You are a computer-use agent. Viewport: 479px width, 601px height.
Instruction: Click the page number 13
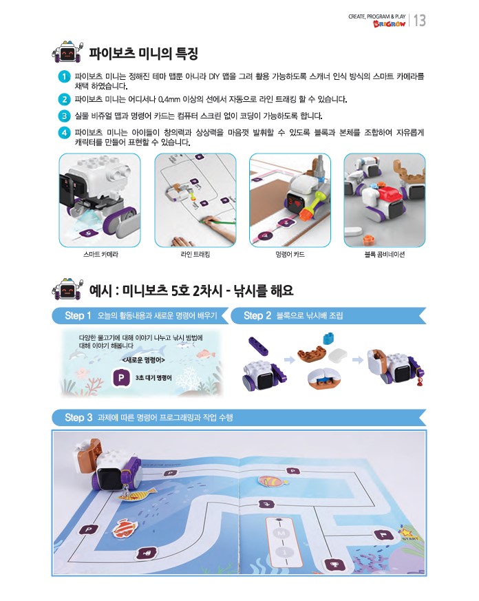420,21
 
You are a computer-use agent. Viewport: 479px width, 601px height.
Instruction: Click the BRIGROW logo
389,24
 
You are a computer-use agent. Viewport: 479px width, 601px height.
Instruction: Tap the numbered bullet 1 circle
65,76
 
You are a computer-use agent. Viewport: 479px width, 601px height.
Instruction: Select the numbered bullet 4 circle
65,133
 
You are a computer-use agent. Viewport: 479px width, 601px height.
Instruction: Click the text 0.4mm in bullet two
169,99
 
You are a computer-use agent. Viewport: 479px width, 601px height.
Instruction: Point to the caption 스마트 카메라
100,254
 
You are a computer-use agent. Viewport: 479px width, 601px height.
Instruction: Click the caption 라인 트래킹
195,254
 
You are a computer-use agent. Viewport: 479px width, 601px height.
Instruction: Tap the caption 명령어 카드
290,254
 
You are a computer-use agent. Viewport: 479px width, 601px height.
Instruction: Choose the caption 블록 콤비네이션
384,254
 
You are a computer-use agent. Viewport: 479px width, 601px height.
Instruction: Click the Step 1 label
78,315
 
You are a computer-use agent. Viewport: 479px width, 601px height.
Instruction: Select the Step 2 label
257,315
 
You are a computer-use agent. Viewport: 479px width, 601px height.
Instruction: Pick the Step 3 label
78,417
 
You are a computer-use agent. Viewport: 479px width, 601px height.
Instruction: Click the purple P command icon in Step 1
120,377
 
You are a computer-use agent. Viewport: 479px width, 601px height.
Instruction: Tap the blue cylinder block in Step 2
328,339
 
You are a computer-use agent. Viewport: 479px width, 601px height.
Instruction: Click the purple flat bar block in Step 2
259,346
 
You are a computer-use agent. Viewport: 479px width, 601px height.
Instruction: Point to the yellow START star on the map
405,532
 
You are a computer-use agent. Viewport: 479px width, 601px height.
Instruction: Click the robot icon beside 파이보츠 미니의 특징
67,52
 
